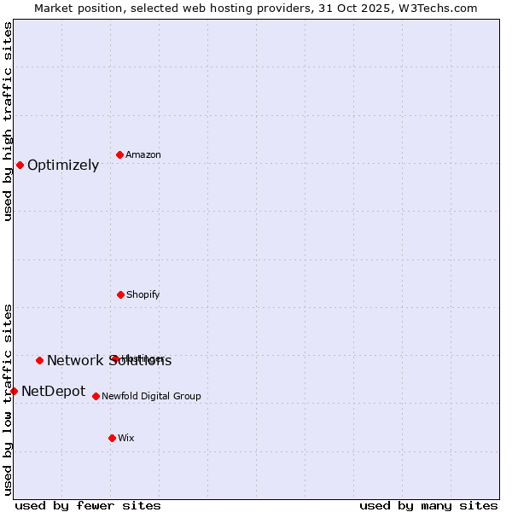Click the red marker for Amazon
(x=120, y=154)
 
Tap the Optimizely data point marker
(x=20, y=165)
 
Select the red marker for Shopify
(x=120, y=294)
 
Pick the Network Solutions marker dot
(x=39, y=360)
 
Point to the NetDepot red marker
(x=14, y=391)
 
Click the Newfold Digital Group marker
(x=96, y=396)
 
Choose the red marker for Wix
(x=112, y=438)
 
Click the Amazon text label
(x=143, y=154)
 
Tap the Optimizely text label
(x=63, y=165)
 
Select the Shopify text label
(x=143, y=294)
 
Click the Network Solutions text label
(x=109, y=360)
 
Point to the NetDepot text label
(x=53, y=391)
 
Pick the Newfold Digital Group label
(x=152, y=396)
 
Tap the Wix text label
(x=126, y=438)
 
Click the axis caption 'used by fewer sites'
(x=88, y=505)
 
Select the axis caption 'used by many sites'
(x=428, y=505)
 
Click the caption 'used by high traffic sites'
(x=9, y=121)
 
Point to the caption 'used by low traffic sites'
(x=9, y=399)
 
